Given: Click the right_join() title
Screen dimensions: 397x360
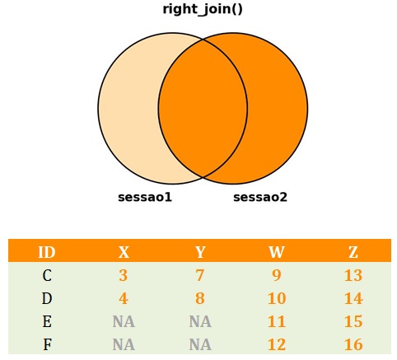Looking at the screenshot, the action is tap(203, 9).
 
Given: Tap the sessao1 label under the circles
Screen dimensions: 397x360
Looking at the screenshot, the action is tap(145, 197).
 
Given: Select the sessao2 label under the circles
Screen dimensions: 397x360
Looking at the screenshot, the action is tap(260, 197).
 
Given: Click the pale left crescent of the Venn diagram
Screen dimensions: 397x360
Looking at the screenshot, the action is tap(128, 109).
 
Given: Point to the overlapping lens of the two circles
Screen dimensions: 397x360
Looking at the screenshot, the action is tap(203, 109).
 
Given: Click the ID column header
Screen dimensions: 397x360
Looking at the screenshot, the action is tap(47, 252).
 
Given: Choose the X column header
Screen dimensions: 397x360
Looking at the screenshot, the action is tap(124, 252).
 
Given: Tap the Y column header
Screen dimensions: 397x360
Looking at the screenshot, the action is tap(200, 252).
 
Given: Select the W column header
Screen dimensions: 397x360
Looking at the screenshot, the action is tap(277, 252).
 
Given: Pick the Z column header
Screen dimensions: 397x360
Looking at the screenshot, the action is tap(353, 252).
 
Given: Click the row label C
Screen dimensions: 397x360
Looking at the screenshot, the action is tap(47, 275).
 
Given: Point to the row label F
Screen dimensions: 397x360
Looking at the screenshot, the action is tap(47, 344).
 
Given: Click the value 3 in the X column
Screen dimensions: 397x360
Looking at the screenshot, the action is tap(124, 275).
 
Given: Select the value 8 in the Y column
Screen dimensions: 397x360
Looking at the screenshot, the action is tap(200, 298).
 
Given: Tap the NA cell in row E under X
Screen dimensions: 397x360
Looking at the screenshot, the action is tap(124, 321).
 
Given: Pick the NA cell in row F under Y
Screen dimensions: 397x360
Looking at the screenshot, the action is tap(200, 344).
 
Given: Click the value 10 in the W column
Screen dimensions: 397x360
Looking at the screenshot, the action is tap(277, 298).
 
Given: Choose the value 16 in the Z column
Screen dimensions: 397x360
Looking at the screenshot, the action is tap(353, 344).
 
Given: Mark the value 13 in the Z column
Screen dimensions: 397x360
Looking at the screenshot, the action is tap(353, 275).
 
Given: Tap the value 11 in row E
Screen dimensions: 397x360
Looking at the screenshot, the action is tap(277, 321).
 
